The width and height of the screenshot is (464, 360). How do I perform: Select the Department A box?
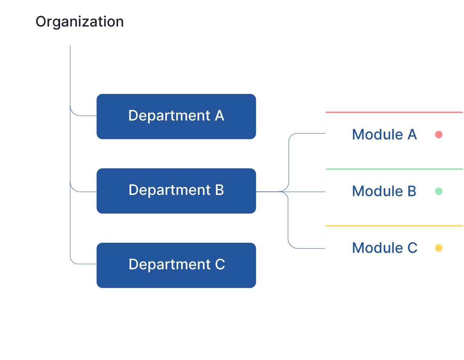point(176,116)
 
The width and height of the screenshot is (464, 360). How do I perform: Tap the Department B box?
point(176,191)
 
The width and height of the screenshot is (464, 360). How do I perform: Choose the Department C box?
point(176,265)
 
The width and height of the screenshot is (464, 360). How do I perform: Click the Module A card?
point(394,135)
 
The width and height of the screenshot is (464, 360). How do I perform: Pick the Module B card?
point(394,192)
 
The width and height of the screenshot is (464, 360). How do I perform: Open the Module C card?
point(394,248)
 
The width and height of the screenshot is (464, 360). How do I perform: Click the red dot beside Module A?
point(439,135)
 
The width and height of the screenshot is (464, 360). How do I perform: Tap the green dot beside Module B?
point(439,191)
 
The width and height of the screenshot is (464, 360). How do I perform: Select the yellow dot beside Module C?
point(439,248)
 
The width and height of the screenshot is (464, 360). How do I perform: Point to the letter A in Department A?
point(219,116)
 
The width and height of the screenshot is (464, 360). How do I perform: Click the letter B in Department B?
point(219,190)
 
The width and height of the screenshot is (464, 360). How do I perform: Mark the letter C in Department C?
point(220,265)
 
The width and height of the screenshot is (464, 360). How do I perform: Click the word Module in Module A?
point(372,135)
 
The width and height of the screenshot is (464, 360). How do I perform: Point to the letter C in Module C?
point(412,248)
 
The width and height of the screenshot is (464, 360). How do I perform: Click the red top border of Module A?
point(394,112)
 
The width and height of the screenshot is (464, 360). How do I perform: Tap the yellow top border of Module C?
point(394,225)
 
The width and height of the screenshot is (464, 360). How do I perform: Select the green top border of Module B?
point(394,169)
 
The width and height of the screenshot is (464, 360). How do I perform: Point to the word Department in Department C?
point(170,265)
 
